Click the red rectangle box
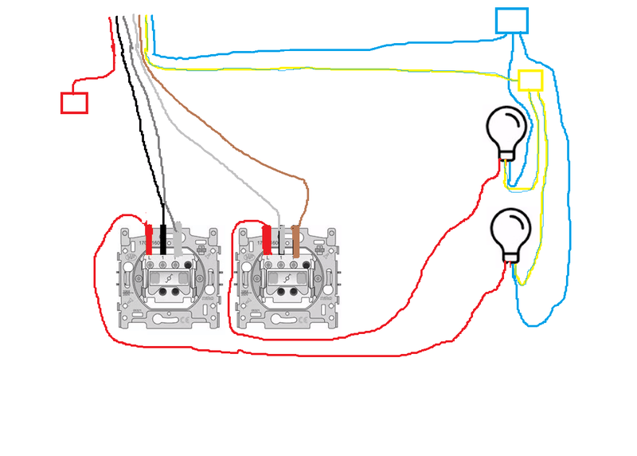74,102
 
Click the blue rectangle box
511,21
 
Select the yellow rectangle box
530,80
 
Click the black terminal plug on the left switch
163,238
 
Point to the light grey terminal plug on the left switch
178,238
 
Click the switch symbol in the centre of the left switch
170,277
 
